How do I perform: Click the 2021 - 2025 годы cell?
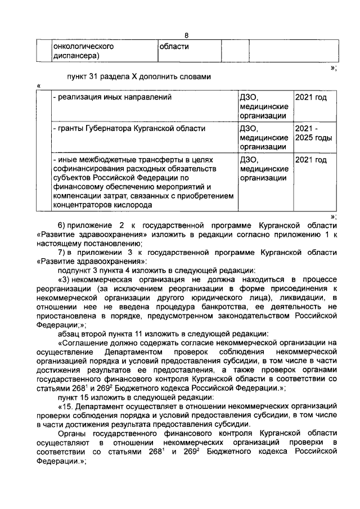tap(313, 133)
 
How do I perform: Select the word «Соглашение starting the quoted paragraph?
tap(84, 343)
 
